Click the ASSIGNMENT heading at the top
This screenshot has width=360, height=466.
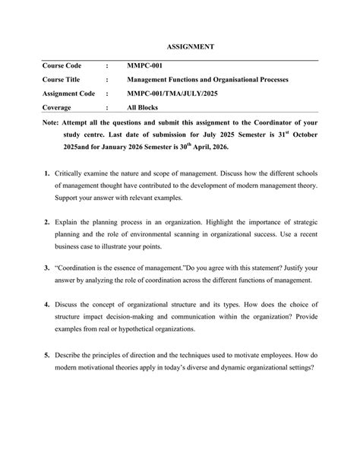[191, 47]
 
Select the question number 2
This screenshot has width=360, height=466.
[46, 226]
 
